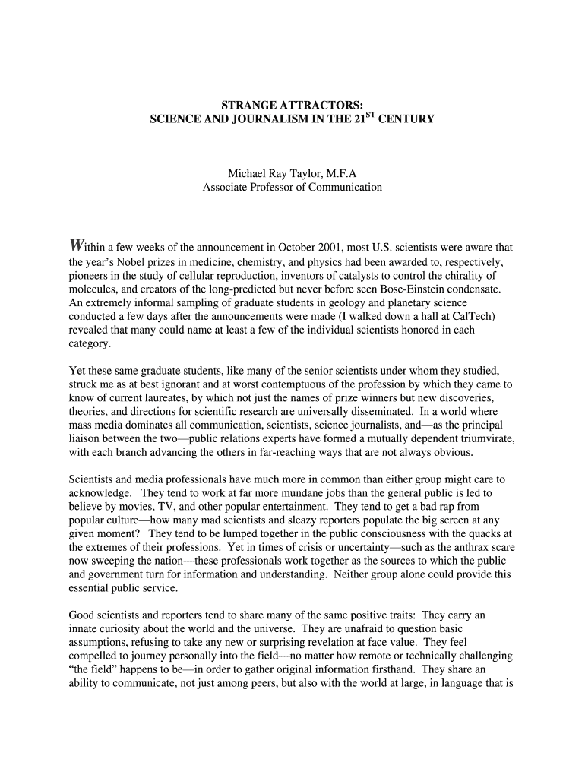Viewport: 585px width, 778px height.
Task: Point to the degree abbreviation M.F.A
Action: click(337, 173)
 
